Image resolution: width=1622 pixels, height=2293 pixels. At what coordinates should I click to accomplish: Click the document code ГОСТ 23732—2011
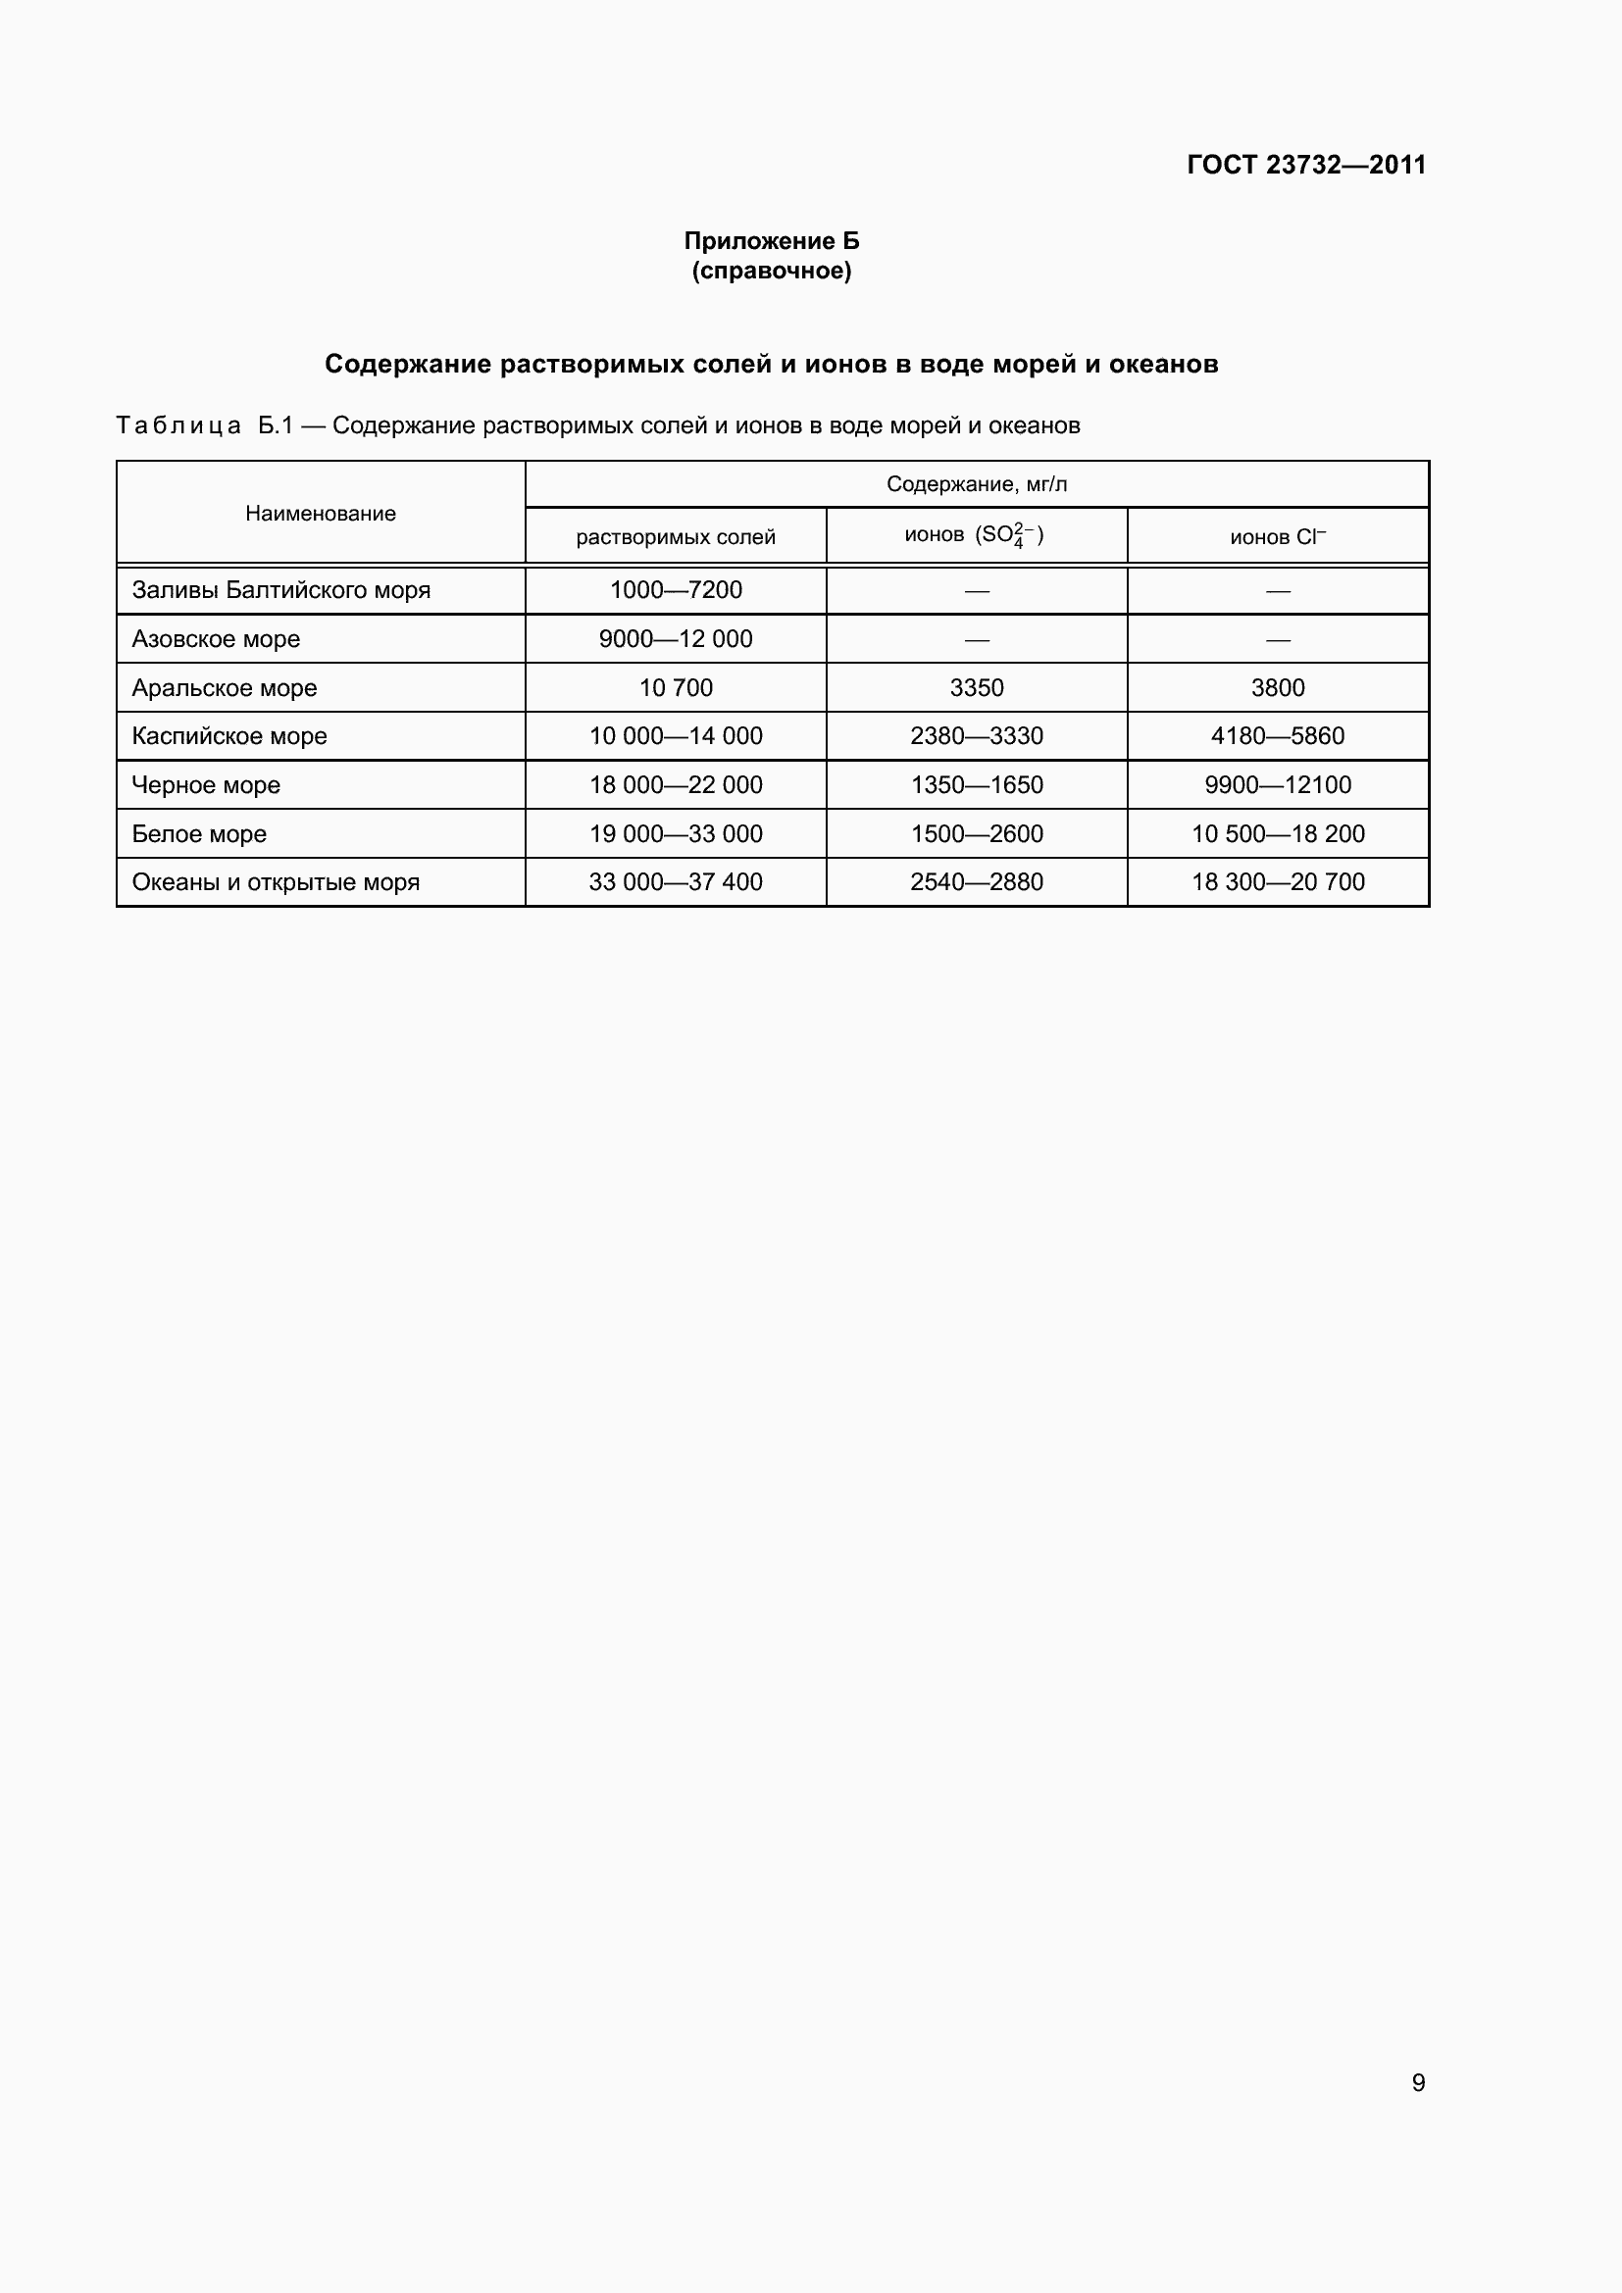click(1305, 165)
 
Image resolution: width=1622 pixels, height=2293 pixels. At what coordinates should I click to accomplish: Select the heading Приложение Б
click(771, 241)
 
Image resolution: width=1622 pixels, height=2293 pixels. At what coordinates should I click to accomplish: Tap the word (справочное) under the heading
click(771, 271)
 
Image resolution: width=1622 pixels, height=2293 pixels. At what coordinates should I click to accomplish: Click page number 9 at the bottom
click(1417, 2081)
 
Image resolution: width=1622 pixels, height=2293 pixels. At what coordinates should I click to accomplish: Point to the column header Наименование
click(321, 514)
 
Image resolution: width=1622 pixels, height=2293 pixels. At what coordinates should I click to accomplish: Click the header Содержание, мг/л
click(976, 484)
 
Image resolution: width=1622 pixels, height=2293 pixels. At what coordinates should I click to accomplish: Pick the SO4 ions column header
click(975, 535)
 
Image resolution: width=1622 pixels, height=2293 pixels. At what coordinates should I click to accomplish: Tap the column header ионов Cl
click(1277, 537)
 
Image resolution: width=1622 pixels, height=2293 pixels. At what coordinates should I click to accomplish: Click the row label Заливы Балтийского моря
click(280, 590)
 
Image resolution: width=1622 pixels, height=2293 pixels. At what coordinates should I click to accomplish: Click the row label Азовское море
click(216, 639)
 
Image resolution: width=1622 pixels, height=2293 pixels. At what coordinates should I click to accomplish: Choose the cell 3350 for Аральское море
click(976, 688)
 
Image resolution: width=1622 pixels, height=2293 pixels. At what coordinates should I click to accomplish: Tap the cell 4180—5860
click(1277, 736)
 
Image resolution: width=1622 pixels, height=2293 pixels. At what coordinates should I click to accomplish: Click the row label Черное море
click(206, 785)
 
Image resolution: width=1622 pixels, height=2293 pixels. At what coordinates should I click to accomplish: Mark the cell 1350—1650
click(976, 785)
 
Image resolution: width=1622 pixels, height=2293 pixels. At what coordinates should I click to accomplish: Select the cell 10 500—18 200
click(1277, 834)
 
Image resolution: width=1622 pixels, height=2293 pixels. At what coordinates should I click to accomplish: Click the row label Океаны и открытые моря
click(276, 883)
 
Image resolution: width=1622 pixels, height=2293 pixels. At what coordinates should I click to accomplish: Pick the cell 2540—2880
click(976, 883)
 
